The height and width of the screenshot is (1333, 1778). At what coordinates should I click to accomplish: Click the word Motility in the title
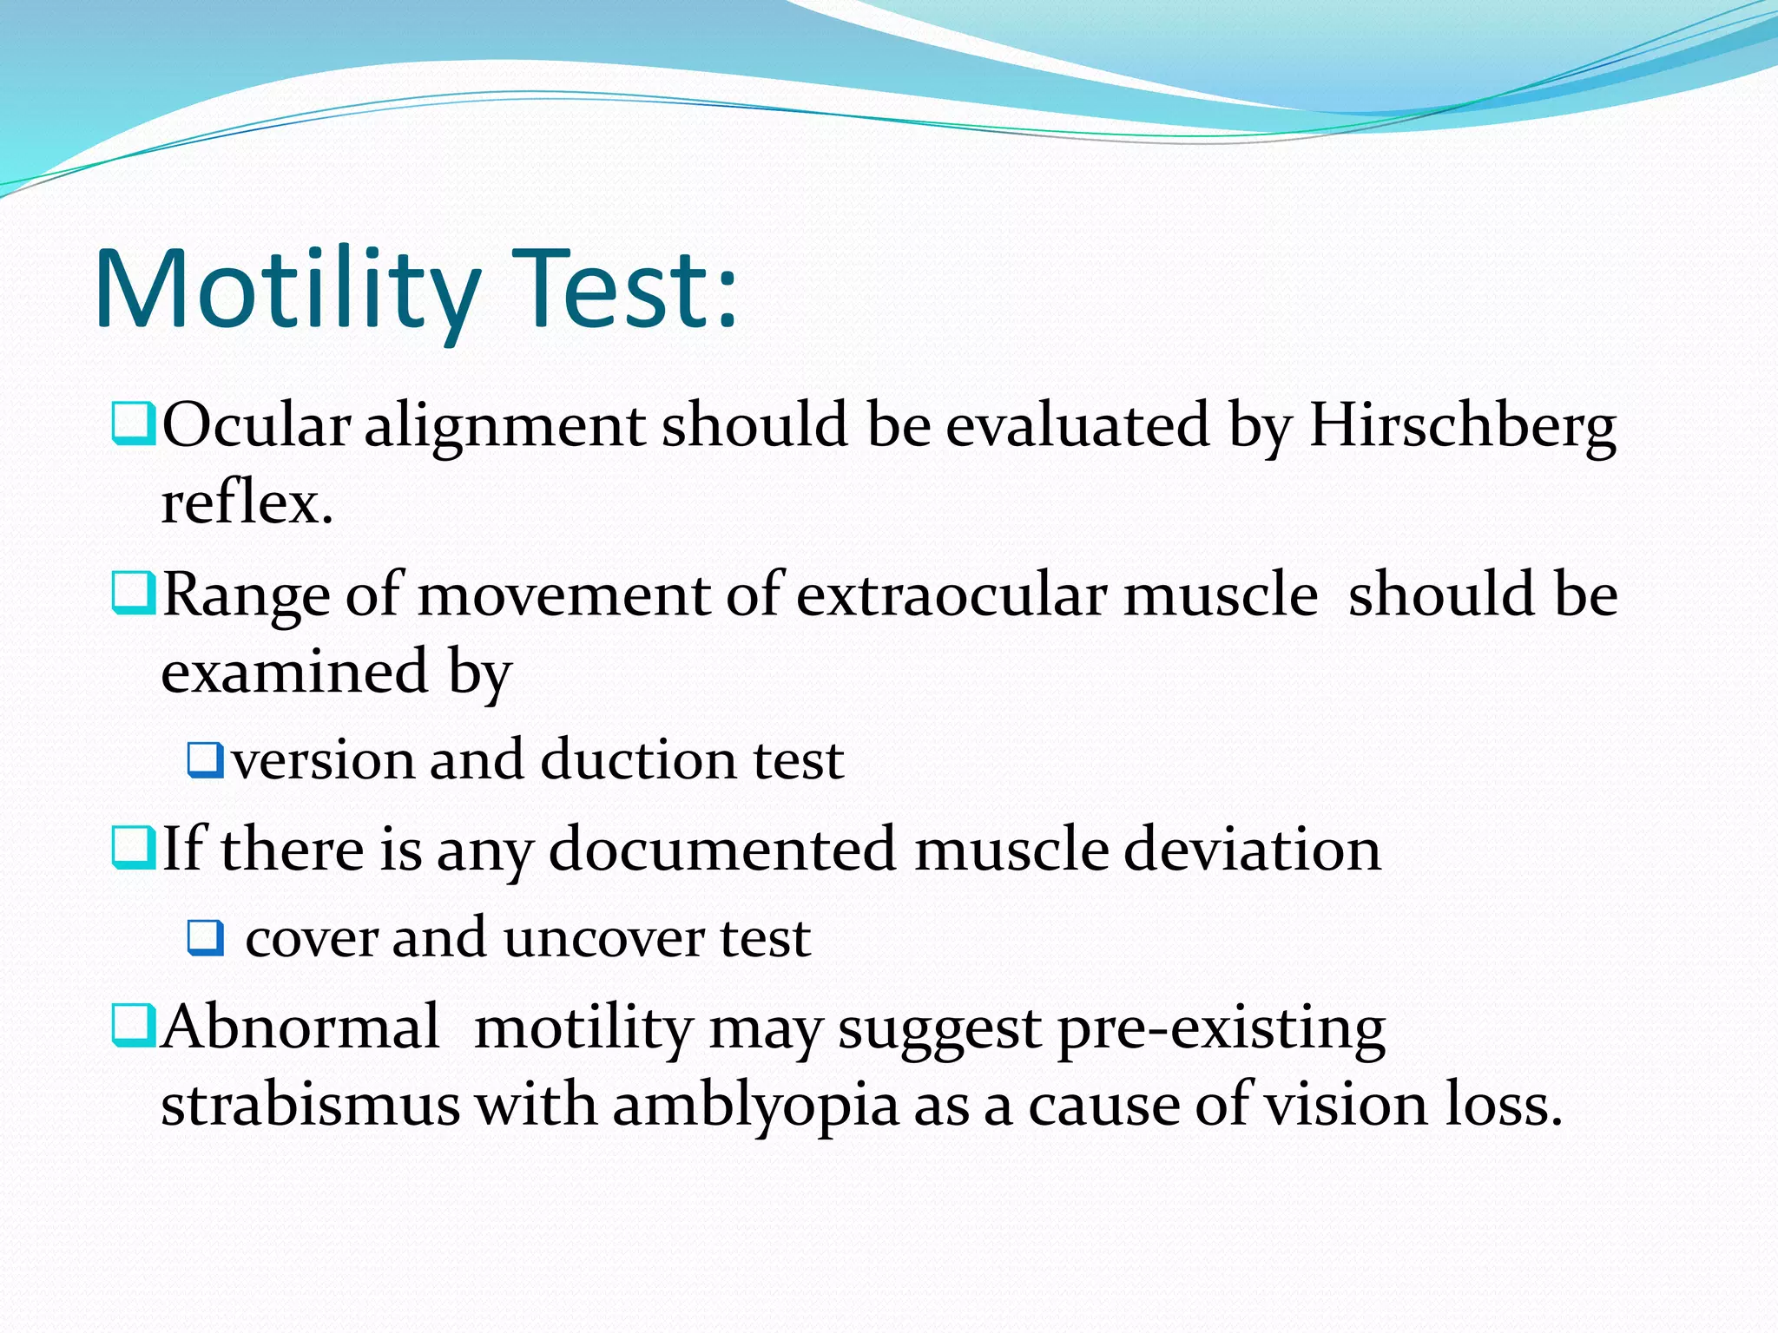click(x=286, y=291)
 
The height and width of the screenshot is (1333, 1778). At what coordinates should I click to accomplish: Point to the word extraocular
click(x=952, y=597)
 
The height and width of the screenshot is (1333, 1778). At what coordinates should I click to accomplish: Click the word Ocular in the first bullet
click(x=256, y=426)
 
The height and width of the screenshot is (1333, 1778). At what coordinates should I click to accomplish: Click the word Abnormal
click(x=300, y=1028)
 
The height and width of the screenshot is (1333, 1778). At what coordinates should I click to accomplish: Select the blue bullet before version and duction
click(x=206, y=759)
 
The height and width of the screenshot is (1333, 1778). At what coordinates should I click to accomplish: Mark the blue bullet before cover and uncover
click(x=206, y=938)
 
